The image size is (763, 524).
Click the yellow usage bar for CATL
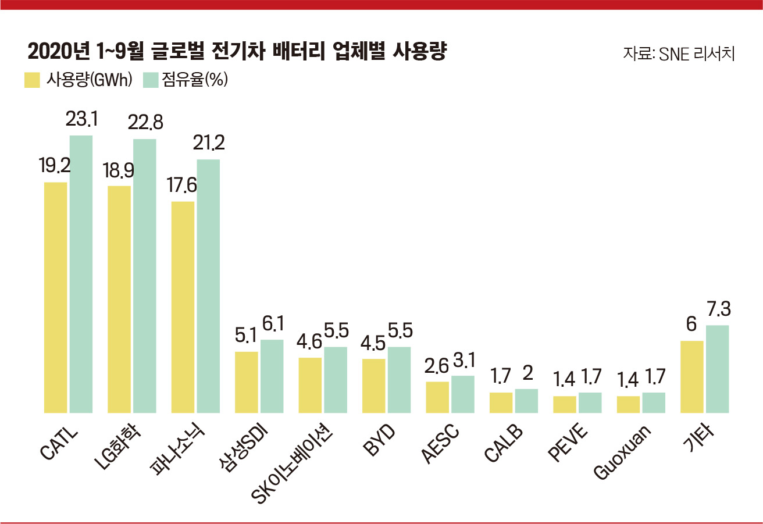[x=56, y=297]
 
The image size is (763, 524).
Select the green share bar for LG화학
[x=145, y=276]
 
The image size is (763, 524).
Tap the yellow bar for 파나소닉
[x=183, y=307]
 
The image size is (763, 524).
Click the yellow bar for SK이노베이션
[x=310, y=385]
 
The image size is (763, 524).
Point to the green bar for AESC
[x=462, y=394]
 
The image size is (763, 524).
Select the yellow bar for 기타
[x=691, y=377]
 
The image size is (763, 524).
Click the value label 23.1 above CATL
[x=81, y=120]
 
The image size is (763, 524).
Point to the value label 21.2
[x=208, y=143]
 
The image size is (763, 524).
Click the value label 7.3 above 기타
[x=717, y=309]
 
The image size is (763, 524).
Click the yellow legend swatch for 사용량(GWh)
[x=31, y=80]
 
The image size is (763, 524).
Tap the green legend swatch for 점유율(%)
[x=151, y=80]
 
